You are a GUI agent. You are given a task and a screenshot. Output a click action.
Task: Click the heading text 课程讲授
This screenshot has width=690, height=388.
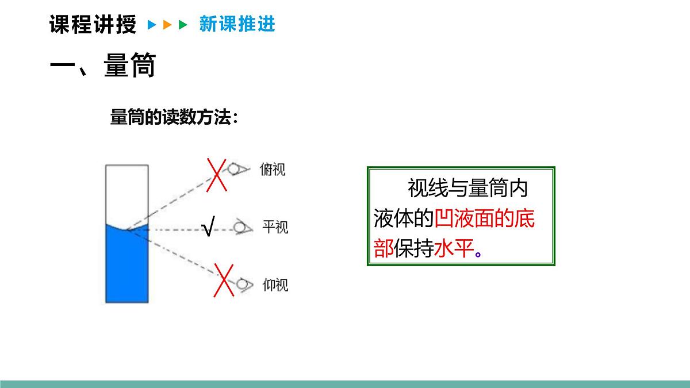93,25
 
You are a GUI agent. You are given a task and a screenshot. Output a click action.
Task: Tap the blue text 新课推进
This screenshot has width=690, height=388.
237,24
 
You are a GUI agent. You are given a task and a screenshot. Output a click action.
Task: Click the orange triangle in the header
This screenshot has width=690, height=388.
167,25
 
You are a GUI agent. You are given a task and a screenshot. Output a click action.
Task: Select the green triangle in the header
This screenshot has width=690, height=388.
183,25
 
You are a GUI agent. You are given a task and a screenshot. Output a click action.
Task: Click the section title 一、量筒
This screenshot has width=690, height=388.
103,66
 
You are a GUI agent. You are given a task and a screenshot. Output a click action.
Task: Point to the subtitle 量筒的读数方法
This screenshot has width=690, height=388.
174,117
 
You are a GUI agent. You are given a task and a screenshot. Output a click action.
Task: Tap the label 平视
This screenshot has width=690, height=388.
275,227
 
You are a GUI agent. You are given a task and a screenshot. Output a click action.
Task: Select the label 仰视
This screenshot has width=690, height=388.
275,285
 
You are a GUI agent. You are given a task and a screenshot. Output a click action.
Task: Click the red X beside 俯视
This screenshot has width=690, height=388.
216,174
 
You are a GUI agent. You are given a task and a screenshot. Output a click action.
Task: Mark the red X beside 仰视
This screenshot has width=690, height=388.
223,280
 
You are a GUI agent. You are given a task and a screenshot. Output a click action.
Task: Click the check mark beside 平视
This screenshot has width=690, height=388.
208,228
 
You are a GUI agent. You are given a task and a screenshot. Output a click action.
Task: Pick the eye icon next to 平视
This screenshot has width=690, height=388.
242,228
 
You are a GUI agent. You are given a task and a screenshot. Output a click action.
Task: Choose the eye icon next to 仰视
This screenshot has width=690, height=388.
244,284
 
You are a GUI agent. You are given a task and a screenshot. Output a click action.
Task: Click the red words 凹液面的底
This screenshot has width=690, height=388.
484,220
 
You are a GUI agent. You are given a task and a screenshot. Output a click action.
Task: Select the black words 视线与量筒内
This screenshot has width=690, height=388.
467,188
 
